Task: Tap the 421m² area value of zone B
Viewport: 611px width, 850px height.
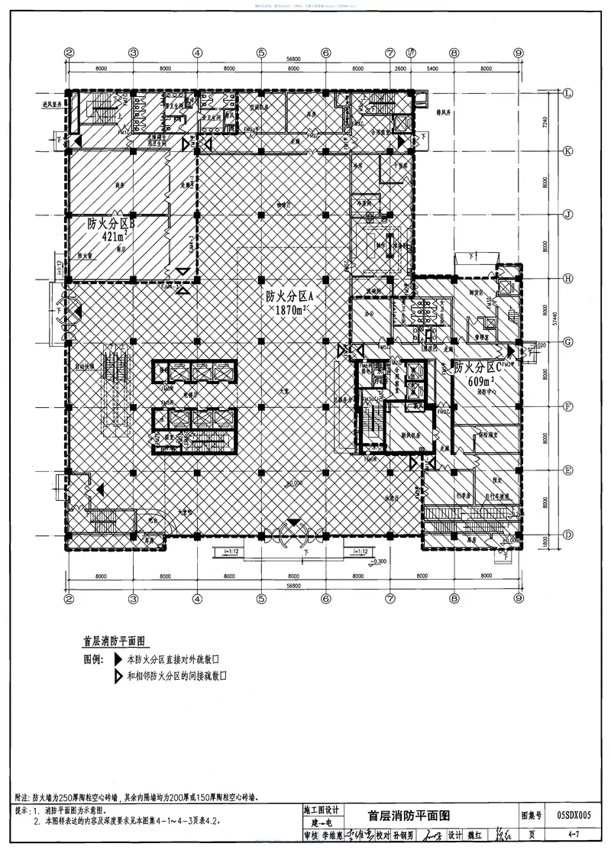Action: pos(107,237)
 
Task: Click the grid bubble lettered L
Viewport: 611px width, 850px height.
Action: pos(569,93)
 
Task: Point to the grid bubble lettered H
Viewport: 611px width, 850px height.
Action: pos(569,279)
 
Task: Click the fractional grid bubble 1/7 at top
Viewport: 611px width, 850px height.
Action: pos(412,53)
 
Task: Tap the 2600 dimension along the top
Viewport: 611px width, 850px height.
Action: pos(399,69)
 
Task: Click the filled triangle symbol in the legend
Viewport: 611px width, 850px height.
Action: pos(118,658)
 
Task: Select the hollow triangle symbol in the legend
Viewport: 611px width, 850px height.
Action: pos(118,676)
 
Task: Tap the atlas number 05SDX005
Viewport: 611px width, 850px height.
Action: pos(574,815)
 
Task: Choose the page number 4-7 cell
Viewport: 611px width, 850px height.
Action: pos(574,835)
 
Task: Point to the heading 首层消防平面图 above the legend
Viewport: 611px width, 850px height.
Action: pos(114,642)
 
